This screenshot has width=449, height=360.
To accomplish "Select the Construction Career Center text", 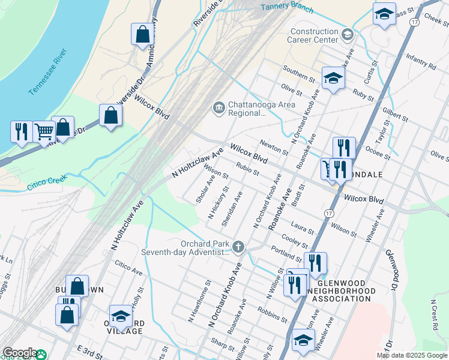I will pos(314,35).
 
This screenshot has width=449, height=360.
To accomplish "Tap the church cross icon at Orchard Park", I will pos(238,247).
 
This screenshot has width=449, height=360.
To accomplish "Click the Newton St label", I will pos(274,146).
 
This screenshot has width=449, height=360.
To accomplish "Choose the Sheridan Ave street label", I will pos(231,209).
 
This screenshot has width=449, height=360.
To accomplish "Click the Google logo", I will pos(20,353).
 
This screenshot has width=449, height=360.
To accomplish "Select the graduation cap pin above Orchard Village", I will pos(121,316).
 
